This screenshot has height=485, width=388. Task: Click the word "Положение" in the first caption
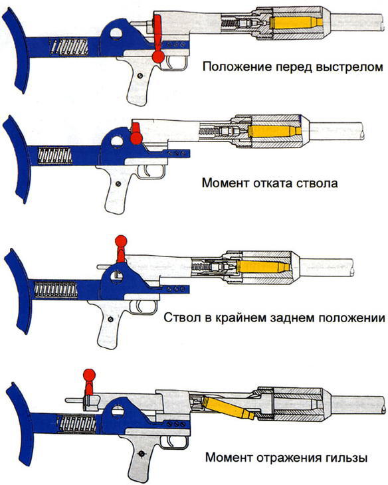[233, 67]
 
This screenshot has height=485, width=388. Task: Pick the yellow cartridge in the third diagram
[262, 268]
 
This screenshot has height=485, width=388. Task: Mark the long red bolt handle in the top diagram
[157, 37]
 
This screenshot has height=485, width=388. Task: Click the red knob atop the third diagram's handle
[120, 241]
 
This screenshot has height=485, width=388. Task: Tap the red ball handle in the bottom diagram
[87, 377]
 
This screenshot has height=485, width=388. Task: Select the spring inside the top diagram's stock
[68, 47]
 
